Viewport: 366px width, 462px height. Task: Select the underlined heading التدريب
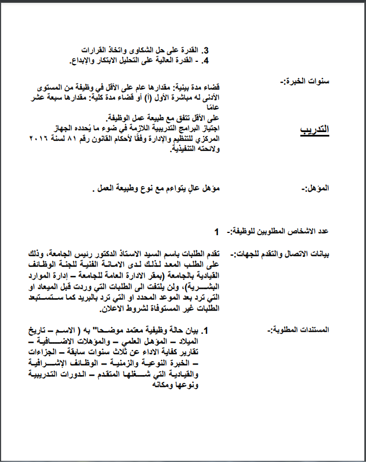[x=314, y=130]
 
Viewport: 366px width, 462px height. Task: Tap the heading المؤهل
[x=319, y=189]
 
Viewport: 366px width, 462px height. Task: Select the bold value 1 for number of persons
[x=216, y=231]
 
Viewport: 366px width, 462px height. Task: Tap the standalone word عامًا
[x=212, y=108]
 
